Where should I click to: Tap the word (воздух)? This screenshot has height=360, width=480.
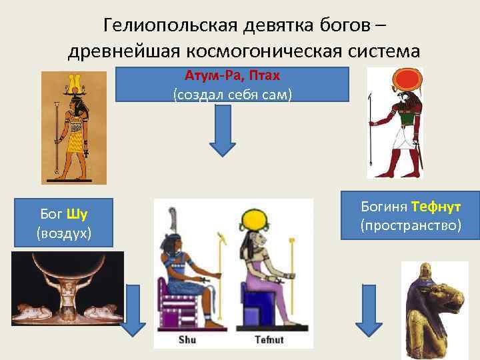(x=64, y=233)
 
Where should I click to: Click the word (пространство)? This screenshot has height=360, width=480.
(x=411, y=225)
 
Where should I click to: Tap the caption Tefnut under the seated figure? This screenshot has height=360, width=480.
(x=269, y=339)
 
